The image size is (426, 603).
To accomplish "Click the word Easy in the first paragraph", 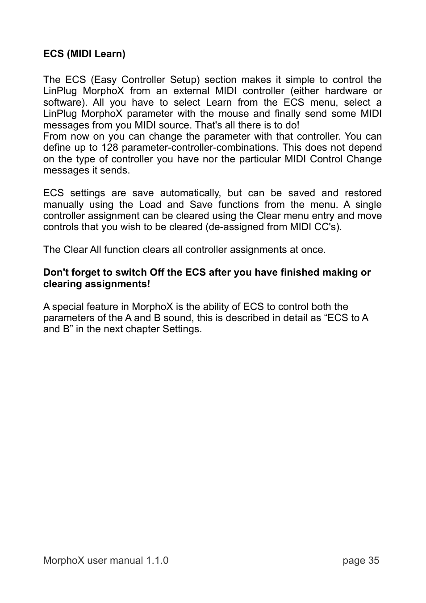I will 105,80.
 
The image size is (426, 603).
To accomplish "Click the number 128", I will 110,148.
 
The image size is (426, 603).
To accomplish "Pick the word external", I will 191,91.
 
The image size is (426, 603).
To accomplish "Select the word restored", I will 363,193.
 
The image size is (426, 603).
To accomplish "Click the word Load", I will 150,205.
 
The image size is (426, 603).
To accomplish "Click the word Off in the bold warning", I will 157,273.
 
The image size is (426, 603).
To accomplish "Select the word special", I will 68,307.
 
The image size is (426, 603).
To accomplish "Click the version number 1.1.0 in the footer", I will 157,561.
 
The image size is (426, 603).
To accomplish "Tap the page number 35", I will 374,561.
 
